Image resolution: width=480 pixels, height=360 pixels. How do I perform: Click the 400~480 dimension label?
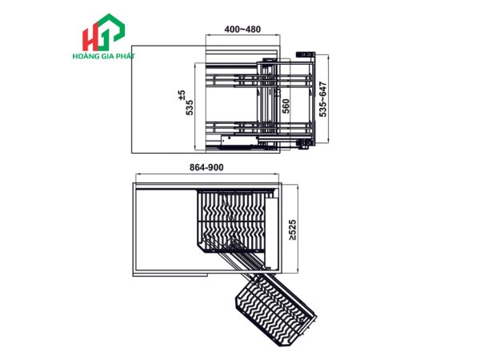tap(242, 30)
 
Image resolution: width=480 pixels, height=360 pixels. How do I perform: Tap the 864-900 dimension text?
tap(206, 167)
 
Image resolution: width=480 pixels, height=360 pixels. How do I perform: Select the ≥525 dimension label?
tap(292, 230)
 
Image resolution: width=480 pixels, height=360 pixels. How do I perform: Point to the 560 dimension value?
tap(286, 106)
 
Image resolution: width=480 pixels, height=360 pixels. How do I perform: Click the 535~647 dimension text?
tap(323, 99)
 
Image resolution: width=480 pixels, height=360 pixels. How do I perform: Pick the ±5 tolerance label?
tap(182, 94)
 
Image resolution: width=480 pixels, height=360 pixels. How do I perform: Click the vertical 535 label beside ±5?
tap(190, 107)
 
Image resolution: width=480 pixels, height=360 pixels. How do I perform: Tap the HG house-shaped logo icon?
tap(103, 32)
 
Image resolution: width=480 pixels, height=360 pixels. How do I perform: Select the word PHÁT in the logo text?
tap(126, 56)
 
